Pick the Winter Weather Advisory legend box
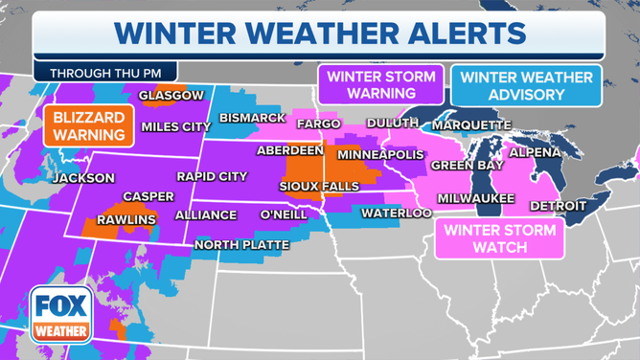(x=526, y=85)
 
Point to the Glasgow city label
(x=171, y=96)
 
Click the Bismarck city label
(x=253, y=118)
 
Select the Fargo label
(x=319, y=124)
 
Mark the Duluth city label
(x=392, y=124)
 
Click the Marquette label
(x=471, y=125)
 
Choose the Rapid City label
(x=211, y=176)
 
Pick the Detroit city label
(x=560, y=206)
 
